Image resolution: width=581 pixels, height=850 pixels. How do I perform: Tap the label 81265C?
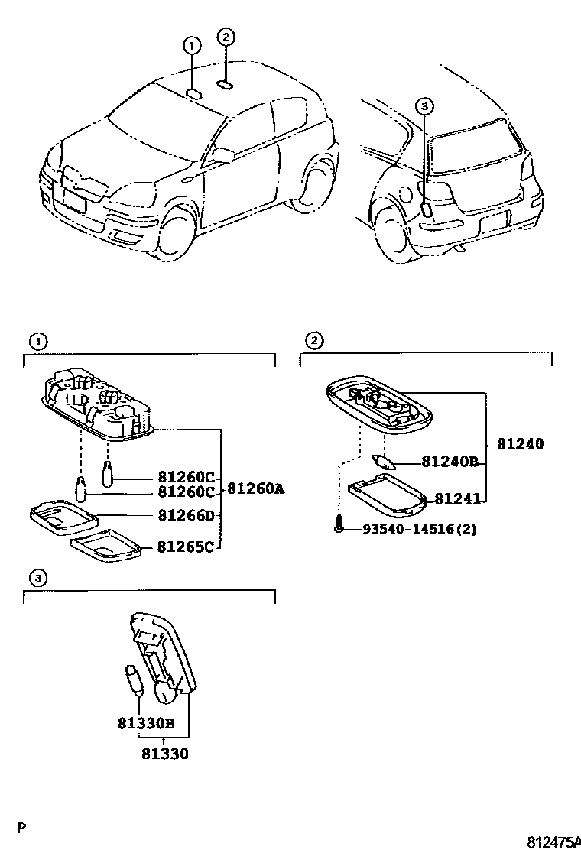[x=187, y=547]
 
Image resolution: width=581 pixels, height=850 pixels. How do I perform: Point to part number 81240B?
[x=450, y=462]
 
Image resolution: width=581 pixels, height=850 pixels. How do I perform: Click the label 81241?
[x=458, y=499]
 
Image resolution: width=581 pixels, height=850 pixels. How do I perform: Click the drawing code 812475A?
[x=554, y=842]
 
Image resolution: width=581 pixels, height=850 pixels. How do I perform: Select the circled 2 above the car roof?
[x=225, y=36]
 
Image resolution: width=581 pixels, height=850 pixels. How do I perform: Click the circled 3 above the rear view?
[x=425, y=106]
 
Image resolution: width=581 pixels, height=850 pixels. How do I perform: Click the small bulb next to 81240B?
[x=384, y=462]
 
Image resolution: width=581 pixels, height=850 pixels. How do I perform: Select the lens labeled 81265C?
[x=107, y=546]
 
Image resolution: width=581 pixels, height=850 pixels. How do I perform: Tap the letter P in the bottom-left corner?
[x=22, y=826]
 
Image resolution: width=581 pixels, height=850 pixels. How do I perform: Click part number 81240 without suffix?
[x=521, y=443]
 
